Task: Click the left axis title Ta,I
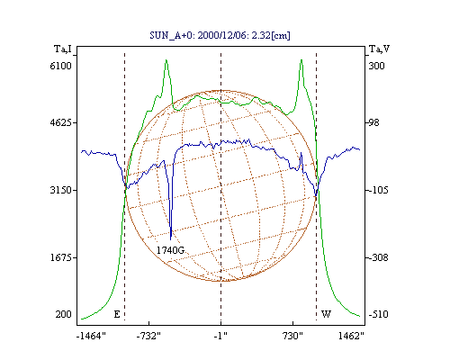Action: click(x=63, y=49)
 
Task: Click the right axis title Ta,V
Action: click(x=379, y=49)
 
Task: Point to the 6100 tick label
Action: click(x=60, y=66)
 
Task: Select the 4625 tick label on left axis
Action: click(x=60, y=122)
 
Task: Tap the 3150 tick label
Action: click(x=60, y=190)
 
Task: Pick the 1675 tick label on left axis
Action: click(x=60, y=257)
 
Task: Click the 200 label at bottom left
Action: click(x=63, y=314)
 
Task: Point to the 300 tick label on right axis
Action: click(x=376, y=66)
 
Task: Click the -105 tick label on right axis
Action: click(x=378, y=190)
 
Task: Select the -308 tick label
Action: click(x=378, y=257)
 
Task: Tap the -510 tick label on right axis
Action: click(x=378, y=314)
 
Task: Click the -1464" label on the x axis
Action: click(x=91, y=336)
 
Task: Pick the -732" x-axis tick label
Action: click(x=148, y=336)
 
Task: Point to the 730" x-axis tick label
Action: click(x=292, y=336)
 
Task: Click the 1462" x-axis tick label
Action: click(x=351, y=336)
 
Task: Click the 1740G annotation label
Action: click(x=170, y=250)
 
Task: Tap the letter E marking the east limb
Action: click(x=117, y=314)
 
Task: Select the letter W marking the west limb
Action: click(x=326, y=314)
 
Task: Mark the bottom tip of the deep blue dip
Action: click(x=171, y=239)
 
